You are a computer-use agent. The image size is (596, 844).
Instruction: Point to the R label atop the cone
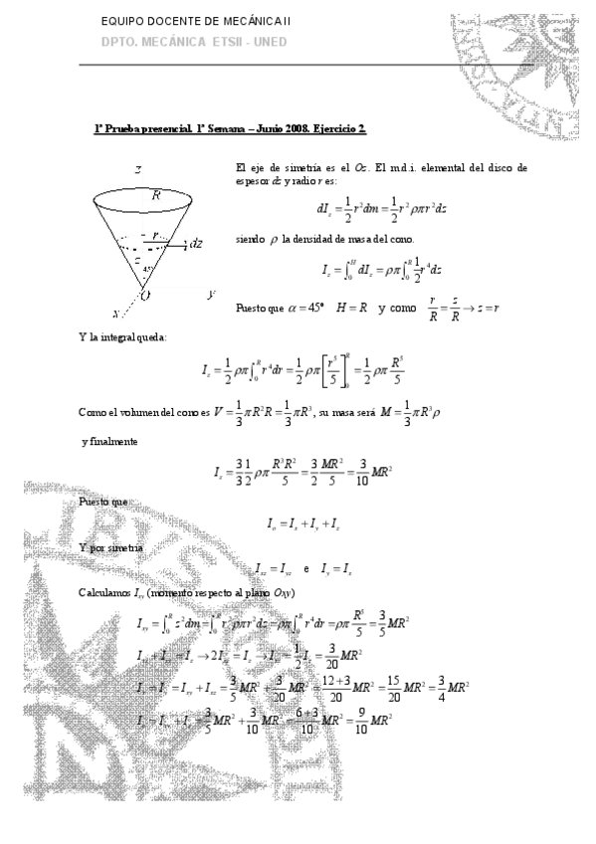[157, 196]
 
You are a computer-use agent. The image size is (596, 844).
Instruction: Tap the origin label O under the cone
[144, 296]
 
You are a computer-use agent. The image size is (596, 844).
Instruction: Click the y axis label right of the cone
[212, 295]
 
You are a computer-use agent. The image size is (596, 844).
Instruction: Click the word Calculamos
[104, 593]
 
